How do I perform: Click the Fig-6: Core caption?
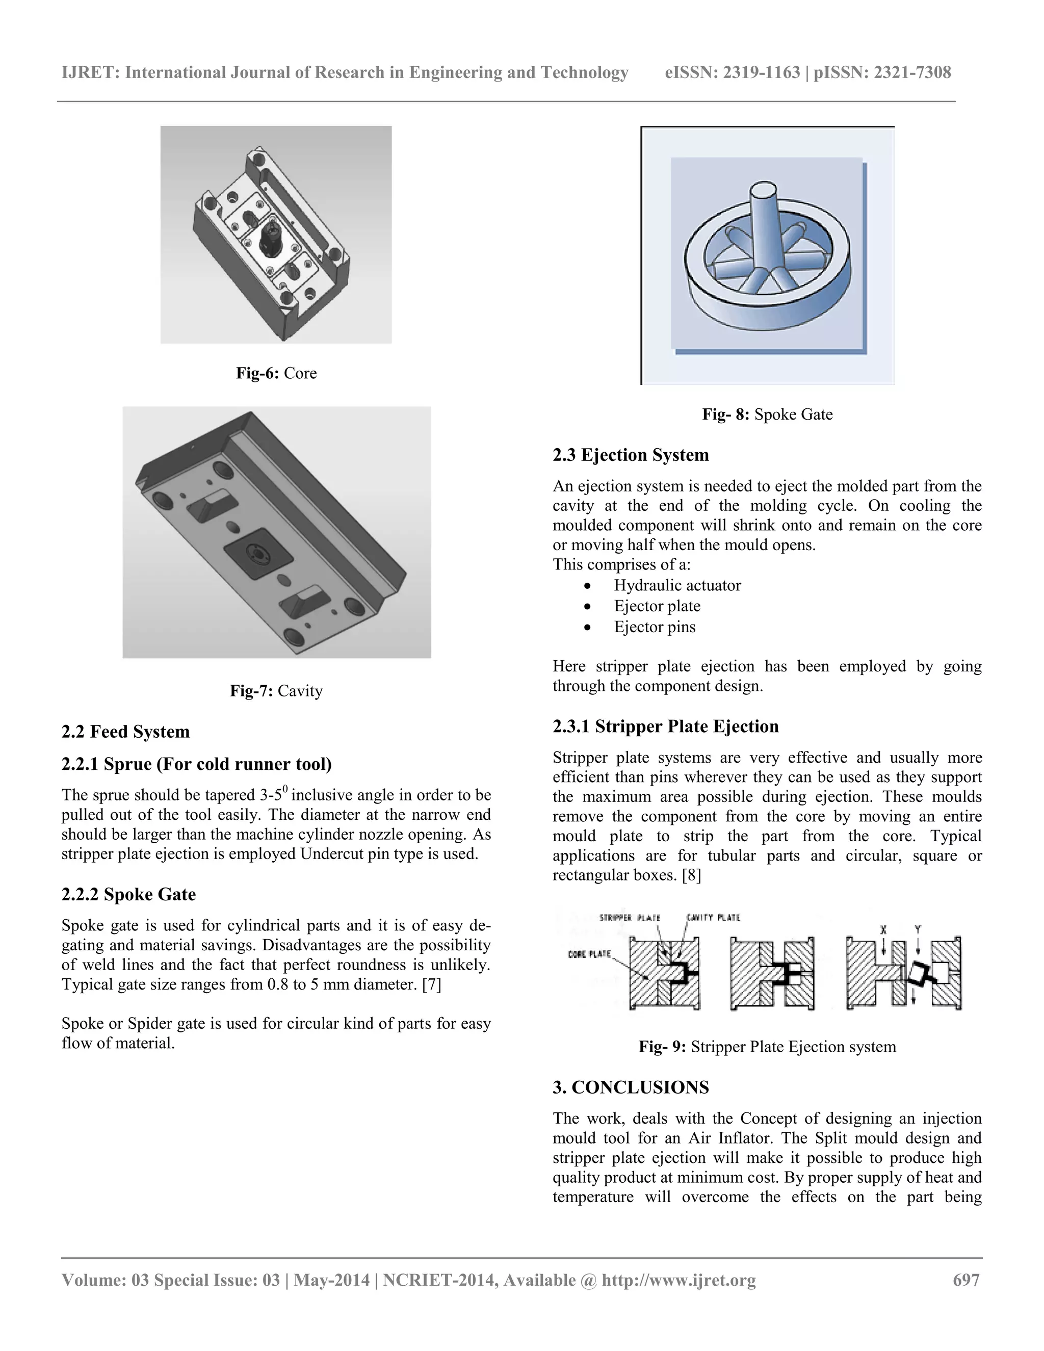tap(276, 373)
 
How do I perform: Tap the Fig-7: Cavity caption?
tap(276, 691)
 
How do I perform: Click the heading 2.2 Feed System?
tap(125, 732)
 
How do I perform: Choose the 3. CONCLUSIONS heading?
tap(631, 1087)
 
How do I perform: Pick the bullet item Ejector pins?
tap(655, 627)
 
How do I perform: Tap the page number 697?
tap(966, 1280)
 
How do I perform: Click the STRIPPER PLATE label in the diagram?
tap(630, 918)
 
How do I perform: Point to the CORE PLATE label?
tap(589, 954)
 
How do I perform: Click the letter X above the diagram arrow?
tap(883, 930)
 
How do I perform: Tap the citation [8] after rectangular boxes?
tap(691, 875)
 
